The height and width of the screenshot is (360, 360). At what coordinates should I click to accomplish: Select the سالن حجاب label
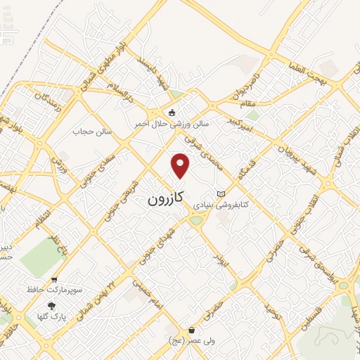88,131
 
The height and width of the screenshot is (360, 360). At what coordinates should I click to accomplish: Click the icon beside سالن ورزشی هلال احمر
172,112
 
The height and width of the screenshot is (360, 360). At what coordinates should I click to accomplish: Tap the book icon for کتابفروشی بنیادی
221,193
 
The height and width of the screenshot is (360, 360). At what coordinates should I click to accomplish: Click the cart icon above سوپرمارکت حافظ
54,279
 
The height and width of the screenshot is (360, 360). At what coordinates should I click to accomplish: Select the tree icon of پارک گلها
51,306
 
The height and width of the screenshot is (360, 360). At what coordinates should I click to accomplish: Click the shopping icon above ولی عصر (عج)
191,330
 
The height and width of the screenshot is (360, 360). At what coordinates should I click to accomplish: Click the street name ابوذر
222,255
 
